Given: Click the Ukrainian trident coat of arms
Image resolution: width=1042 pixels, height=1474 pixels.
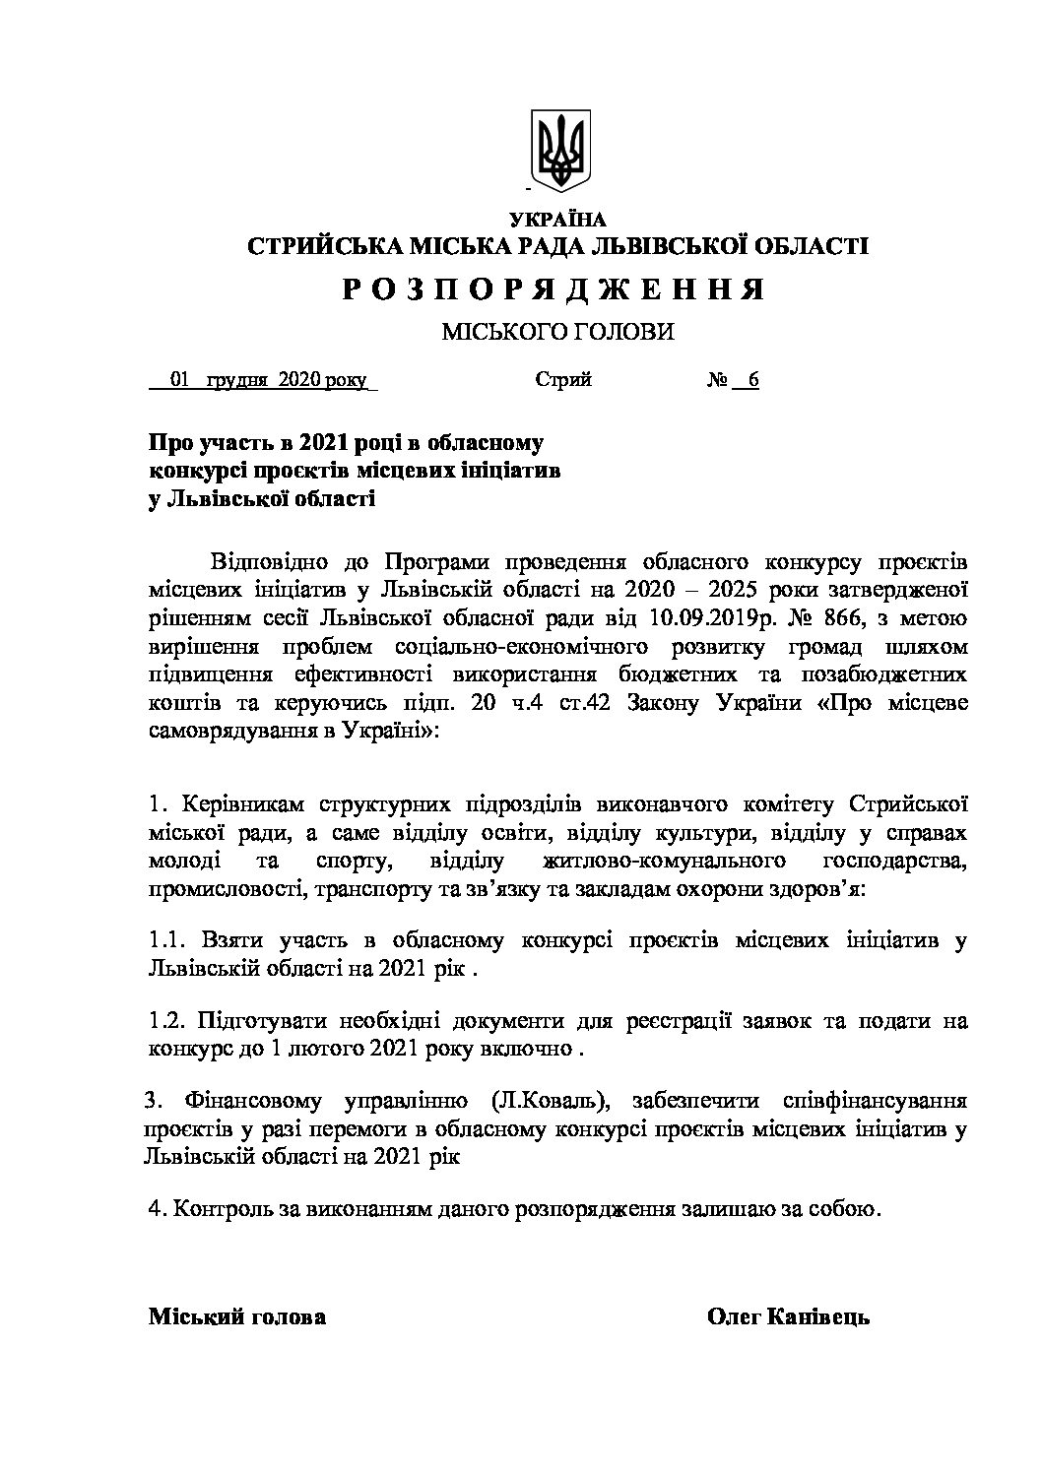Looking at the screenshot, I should (558, 149).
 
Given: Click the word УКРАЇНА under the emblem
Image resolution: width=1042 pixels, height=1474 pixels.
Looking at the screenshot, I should (558, 220).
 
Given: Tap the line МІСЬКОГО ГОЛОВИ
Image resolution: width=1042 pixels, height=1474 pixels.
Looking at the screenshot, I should (557, 334).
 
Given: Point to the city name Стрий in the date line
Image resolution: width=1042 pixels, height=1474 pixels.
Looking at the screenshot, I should (563, 380).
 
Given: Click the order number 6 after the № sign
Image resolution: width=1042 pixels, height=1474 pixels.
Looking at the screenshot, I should (753, 380).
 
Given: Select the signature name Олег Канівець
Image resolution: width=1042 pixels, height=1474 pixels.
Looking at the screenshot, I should (788, 1317).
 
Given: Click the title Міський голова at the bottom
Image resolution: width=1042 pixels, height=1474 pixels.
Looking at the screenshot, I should (236, 1317).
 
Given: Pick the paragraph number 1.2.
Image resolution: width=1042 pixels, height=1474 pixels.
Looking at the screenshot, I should (165, 1020).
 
